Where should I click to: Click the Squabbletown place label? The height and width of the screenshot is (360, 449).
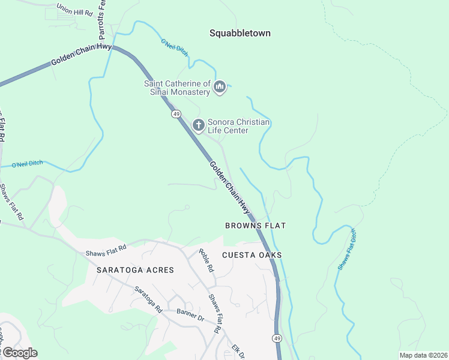coord(240,33)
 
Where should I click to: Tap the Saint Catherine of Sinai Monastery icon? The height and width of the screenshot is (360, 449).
coord(220,88)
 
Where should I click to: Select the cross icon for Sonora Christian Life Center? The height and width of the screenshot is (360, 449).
coord(199,125)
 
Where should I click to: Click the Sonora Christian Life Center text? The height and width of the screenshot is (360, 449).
coord(238,126)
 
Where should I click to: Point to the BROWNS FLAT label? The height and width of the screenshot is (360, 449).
coord(255,226)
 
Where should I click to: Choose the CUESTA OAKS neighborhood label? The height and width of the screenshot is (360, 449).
coord(252,255)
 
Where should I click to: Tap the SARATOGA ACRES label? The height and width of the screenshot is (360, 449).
coord(135,270)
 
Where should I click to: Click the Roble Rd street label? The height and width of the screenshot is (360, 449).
coord(206,261)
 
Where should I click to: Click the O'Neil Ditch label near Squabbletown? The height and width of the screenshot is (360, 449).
coord(174,49)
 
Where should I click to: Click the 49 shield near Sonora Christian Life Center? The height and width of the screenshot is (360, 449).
coord(176,113)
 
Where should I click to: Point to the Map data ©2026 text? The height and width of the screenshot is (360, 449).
coord(423,355)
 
